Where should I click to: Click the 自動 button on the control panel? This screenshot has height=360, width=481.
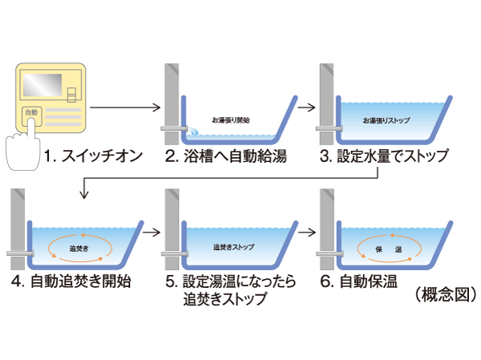point(30,113)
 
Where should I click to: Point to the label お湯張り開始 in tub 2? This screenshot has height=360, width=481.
point(233,119)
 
